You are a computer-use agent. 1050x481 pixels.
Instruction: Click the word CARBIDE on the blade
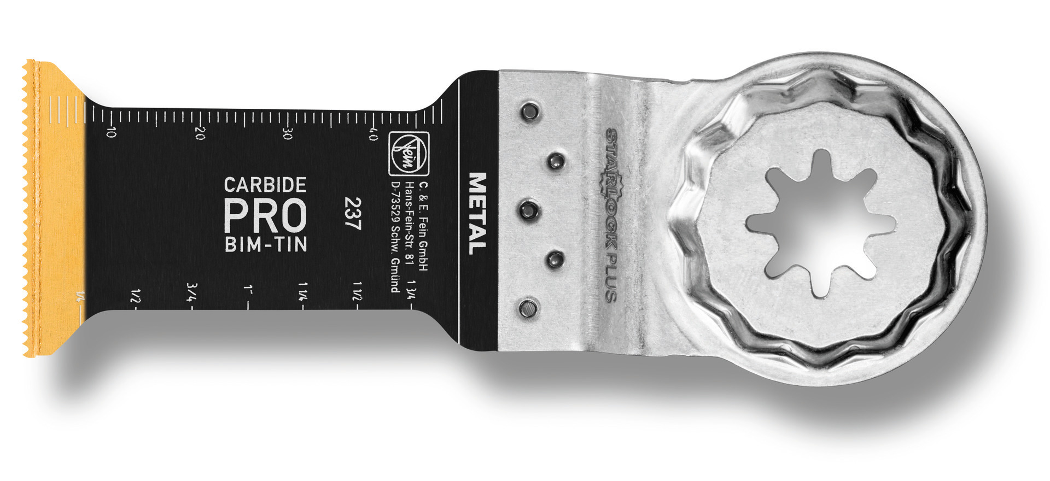(265, 185)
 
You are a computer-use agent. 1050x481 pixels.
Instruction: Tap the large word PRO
(265, 215)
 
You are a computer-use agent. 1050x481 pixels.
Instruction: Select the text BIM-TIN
(265, 244)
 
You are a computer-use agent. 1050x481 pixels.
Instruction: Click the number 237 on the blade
(353, 215)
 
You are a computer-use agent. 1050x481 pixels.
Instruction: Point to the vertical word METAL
(477, 214)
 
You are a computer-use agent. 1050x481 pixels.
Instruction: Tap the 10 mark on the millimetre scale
(111, 132)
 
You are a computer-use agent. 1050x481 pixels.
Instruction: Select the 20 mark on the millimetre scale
(200, 133)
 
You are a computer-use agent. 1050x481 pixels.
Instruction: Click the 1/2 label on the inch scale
(135, 296)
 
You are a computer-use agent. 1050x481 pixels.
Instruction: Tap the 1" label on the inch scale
(249, 289)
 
